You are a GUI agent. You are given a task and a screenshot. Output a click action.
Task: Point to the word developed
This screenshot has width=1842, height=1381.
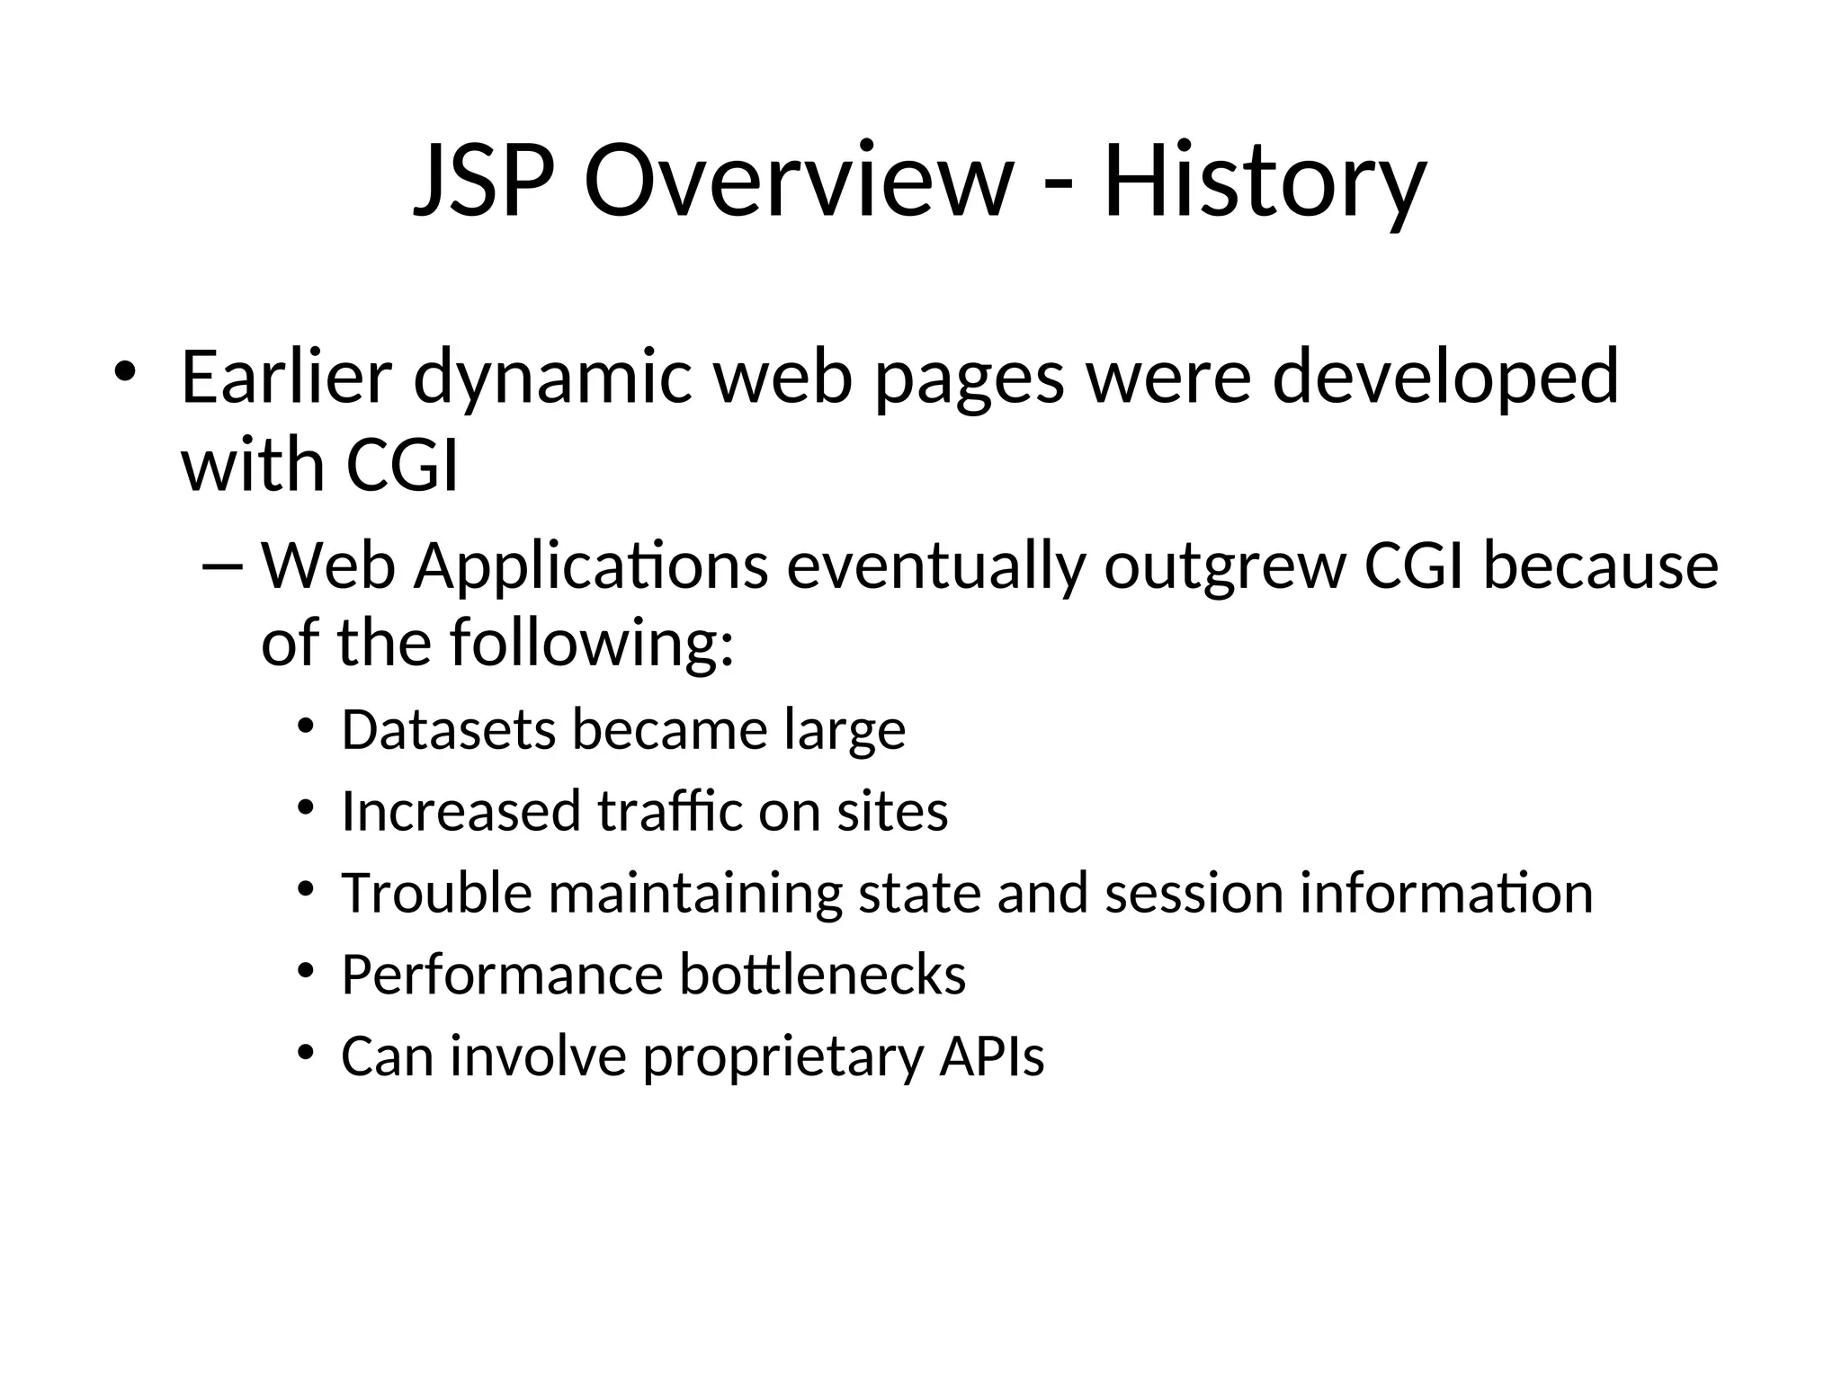[x=1445, y=378]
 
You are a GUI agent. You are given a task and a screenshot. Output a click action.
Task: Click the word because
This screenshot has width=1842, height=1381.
[x=1600, y=567]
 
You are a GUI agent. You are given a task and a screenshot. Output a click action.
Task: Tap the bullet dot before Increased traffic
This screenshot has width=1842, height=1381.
[x=306, y=807]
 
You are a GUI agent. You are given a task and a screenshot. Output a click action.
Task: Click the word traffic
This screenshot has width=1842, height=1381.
[x=670, y=811]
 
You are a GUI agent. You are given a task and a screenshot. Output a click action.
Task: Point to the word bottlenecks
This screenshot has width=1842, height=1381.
[x=822, y=975]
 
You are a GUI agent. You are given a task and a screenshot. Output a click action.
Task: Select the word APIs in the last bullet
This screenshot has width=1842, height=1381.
[x=992, y=1056]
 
